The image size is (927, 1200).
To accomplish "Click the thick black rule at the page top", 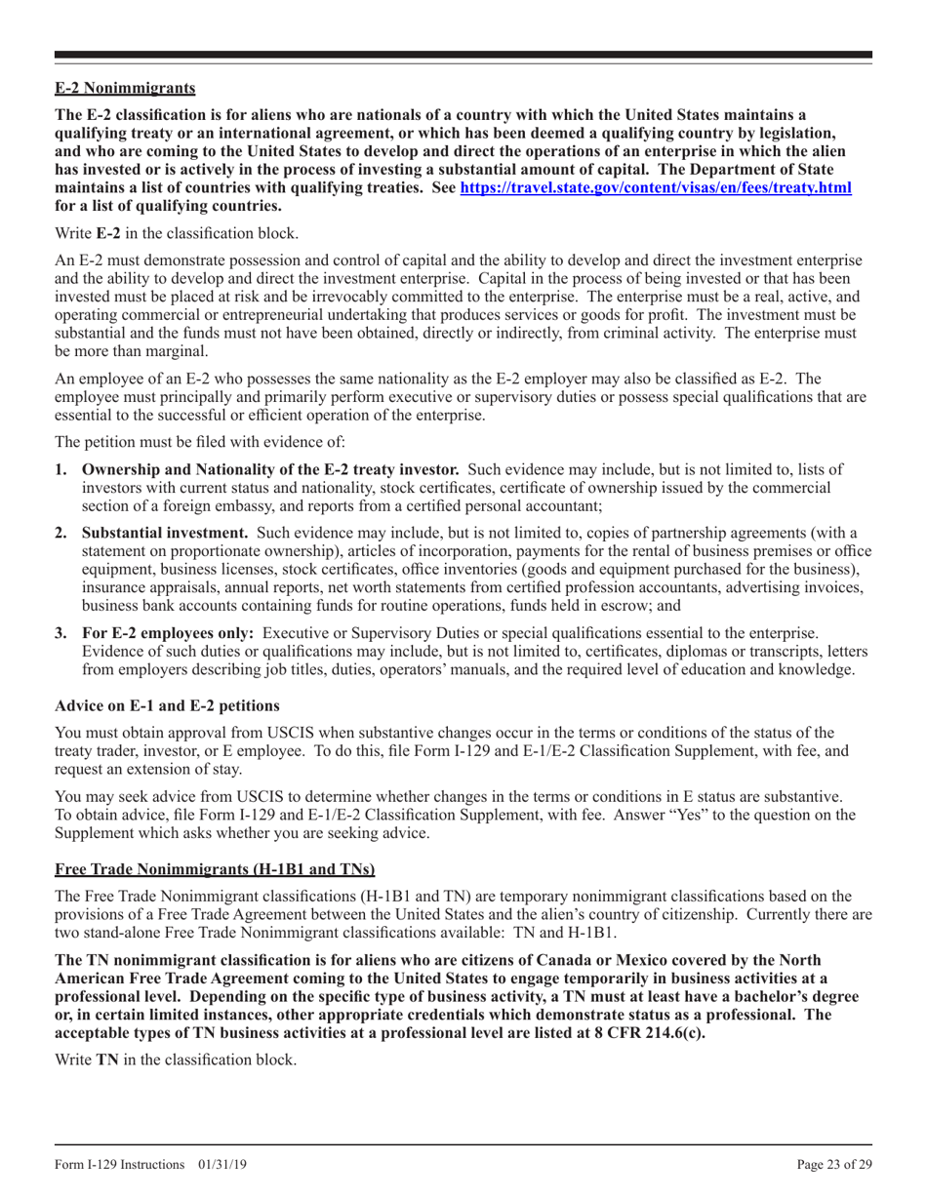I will click(x=463, y=56).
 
